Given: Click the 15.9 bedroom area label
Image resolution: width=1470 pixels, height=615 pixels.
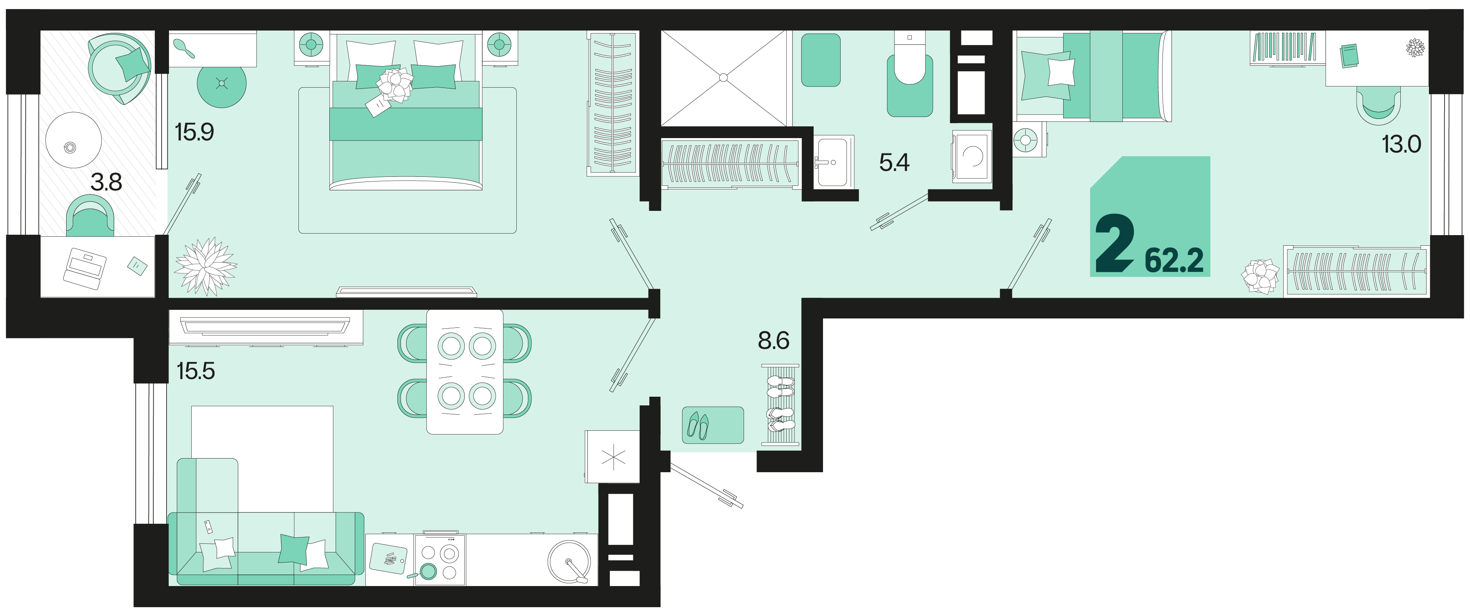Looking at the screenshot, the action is tap(194, 132).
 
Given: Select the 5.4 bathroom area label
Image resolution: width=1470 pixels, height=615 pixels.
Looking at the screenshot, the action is tap(894, 163).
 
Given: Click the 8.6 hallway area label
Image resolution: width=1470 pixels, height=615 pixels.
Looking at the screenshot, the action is tap(773, 341).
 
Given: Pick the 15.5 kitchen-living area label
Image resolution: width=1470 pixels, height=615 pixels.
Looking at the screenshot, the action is tap(196, 371).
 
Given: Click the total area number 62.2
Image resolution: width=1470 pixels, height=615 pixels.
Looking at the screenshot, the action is tap(1174, 261).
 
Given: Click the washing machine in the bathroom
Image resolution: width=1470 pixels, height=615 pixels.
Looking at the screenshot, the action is tap(972, 156).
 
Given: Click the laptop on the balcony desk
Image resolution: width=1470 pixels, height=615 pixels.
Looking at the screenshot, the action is tap(84, 268).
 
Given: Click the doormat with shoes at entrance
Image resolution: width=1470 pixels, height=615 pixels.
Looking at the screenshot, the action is tap(713, 425).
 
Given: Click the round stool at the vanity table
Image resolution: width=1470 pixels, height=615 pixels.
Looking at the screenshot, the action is tap(221, 85).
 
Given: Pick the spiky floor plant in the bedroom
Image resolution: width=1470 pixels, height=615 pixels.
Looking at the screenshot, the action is tap(205, 266).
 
